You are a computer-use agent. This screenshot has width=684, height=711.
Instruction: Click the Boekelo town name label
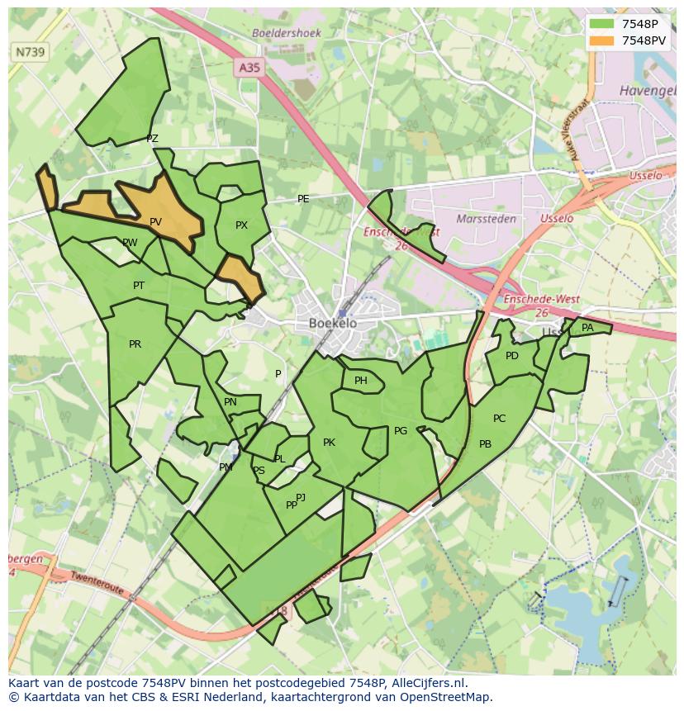click(333, 324)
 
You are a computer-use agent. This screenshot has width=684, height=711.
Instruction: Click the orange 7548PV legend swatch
click(602, 40)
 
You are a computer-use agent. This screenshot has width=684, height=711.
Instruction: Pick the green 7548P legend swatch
click(602, 24)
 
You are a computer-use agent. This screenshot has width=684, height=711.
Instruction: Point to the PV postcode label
click(155, 222)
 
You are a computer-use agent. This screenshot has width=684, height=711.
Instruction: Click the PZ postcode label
click(152, 139)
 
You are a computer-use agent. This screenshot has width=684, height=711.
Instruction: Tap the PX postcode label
click(241, 225)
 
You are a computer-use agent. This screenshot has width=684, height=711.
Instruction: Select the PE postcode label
click(303, 199)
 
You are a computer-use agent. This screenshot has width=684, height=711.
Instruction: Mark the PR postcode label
click(135, 344)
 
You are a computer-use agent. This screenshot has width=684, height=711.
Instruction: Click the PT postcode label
click(139, 286)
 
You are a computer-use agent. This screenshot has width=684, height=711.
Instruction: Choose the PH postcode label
click(360, 381)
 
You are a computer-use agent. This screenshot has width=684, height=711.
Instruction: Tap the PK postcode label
click(329, 443)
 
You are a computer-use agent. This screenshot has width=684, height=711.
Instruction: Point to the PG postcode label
click(401, 431)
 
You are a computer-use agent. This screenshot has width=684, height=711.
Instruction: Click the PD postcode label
click(512, 356)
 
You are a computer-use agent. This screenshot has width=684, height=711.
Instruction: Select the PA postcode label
click(587, 328)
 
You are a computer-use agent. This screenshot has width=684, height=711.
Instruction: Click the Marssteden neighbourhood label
click(486, 220)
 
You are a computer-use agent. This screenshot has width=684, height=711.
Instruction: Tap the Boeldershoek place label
click(287, 33)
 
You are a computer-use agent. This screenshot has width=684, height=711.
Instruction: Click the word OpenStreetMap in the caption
click(444, 697)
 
